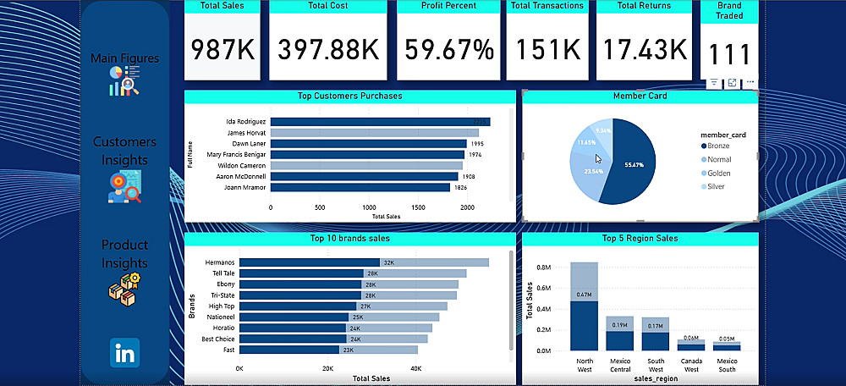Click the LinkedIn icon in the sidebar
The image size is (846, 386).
click(x=124, y=353)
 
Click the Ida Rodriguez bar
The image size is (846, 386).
click(x=380, y=122)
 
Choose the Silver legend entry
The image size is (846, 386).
click(x=716, y=186)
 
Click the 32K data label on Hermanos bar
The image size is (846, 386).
click(x=388, y=262)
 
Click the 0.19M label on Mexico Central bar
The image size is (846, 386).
click(x=619, y=325)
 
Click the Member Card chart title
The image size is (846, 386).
click(x=640, y=96)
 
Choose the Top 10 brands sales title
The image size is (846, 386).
click(x=349, y=239)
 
